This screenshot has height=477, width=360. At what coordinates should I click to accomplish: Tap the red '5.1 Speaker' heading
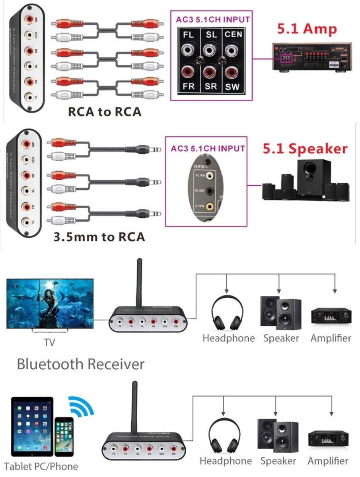305,149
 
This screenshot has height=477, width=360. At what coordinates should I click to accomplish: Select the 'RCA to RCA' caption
105,112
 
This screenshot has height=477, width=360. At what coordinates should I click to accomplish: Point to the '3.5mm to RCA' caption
99,237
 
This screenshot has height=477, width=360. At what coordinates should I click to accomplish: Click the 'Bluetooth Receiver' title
80,364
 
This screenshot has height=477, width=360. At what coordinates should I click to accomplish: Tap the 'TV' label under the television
50,342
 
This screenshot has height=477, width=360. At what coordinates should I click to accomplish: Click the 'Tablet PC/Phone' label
41,466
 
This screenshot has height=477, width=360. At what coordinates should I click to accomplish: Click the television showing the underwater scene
50,304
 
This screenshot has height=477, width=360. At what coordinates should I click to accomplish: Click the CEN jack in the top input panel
233,51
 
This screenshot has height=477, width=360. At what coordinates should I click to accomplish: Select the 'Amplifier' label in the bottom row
328,461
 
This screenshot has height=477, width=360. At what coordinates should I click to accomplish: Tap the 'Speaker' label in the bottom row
278,461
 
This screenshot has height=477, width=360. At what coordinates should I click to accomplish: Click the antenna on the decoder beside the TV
140,283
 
